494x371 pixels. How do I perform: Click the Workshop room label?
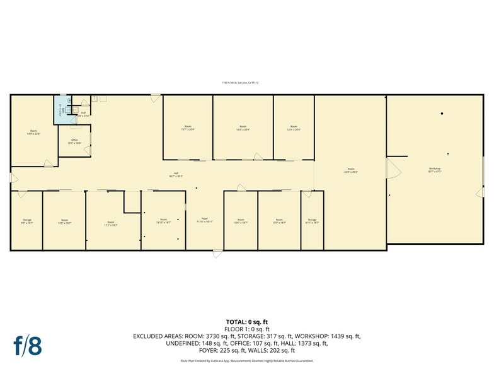coord(435,170)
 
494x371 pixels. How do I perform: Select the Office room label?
coord(74,142)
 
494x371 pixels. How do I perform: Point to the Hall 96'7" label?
coord(176,175)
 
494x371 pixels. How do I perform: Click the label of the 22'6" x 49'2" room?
coord(350,170)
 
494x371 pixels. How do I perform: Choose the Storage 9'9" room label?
coord(26,221)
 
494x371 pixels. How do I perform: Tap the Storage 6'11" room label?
coord(312,221)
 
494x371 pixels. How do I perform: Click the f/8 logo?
coord(27,345)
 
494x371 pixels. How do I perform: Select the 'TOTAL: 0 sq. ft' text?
coord(247,322)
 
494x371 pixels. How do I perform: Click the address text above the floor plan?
coord(240,82)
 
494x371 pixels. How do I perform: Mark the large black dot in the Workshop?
coord(442,114)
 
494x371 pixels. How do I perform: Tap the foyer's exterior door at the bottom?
coord(217,254)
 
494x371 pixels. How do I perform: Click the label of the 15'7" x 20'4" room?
coord(188,128)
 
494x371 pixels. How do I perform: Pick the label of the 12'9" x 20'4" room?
coord(294,128)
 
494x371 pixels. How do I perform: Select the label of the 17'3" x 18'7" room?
coord(111,223)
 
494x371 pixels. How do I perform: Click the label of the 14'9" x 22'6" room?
coord(33,133)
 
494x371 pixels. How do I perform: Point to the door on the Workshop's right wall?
coord(480,191)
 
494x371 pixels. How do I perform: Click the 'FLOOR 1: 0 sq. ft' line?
coord(247,329)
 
